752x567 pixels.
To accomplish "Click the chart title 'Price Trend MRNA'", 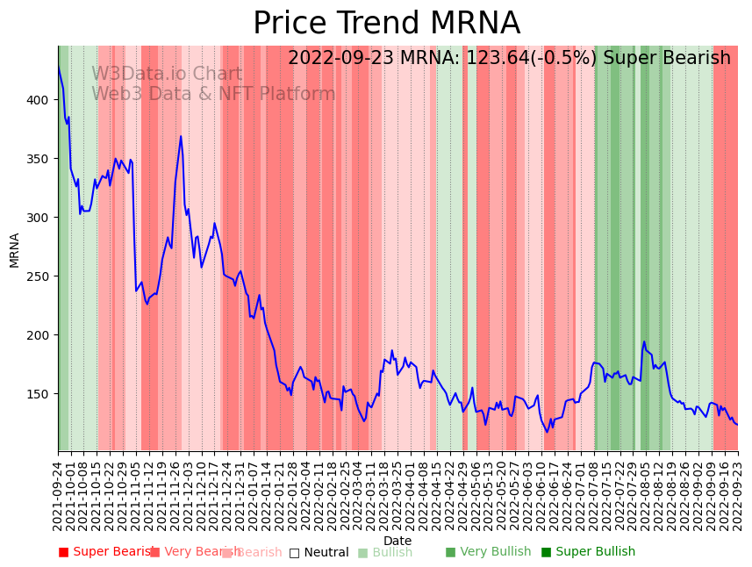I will click(386, 24).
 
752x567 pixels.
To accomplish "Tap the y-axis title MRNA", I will click(15, 249).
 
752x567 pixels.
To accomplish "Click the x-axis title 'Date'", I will click(397, 541).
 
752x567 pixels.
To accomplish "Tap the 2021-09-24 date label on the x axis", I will click(59, 495).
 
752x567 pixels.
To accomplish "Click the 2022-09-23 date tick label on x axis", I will click(738, 495).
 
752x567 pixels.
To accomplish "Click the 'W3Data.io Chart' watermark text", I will click(167, 75).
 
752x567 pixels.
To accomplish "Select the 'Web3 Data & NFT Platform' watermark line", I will click(213, 94).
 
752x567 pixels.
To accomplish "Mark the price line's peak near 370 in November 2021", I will click(181, 136).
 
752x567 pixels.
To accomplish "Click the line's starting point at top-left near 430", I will click(59, 67).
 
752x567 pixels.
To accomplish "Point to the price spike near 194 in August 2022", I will click(644, 341).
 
